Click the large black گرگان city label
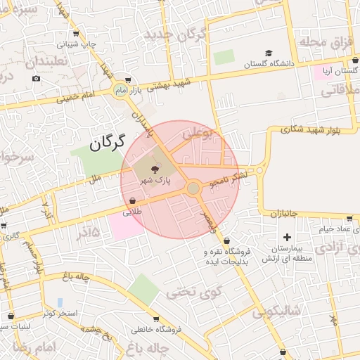[107, 143]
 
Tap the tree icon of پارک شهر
[155, 167]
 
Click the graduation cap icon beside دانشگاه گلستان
[268, 53]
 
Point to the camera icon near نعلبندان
[36, 78]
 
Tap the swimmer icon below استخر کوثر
[60, 302]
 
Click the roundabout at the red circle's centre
[193, 188]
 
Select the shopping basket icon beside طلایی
[132, 201]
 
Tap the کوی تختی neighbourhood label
[195, 290]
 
